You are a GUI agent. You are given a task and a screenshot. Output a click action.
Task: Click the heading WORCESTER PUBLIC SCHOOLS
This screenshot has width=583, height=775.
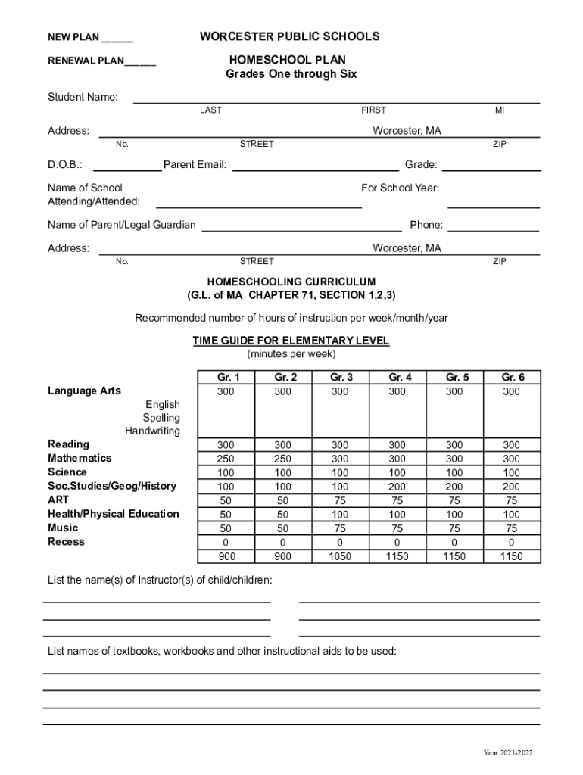point(290,36)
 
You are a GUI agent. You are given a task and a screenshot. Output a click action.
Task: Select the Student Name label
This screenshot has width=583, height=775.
point(83,97)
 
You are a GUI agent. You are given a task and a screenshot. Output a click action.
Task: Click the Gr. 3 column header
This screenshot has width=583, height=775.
point(340,377)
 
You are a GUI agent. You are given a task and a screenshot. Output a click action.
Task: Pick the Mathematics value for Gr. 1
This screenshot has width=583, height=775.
point(226,459)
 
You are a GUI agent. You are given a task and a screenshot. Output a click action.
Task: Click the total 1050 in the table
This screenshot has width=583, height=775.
point(340,556)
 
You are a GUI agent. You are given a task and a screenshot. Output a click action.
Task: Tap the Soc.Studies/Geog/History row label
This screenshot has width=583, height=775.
point(112,486)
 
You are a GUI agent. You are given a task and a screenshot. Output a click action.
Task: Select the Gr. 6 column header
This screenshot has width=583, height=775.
point(512,377)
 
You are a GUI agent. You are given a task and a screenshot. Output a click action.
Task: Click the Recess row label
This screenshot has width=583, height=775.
point(67,542)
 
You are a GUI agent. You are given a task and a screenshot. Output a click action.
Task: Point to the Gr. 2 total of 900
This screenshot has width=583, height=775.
point(282,556)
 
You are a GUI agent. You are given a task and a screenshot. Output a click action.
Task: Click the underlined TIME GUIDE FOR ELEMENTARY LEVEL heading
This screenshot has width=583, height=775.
point(291,341)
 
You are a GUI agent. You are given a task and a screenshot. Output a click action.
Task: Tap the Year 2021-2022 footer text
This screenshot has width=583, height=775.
point(508,753)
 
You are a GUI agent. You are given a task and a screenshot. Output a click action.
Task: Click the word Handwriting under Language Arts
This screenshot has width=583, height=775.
point(152,431)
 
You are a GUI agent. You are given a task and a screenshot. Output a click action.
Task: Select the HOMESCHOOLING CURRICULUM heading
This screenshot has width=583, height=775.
point(291,282)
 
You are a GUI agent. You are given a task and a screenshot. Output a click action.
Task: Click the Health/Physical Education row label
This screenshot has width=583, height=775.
point(114,514)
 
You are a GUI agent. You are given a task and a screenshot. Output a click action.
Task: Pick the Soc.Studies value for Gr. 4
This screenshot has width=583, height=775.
point(397,486)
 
